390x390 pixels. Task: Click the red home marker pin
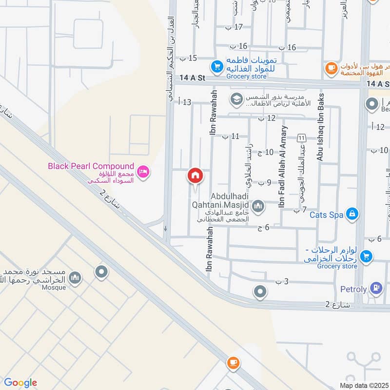[195, 175]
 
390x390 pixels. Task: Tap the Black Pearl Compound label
[91, 166]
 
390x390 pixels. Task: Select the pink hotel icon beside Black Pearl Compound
[144, 171]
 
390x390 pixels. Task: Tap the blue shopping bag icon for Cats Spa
[353, 213]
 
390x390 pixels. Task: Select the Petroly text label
[353, 289]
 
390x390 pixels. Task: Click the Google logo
[20, 383]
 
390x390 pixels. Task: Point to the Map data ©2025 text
[363, 385]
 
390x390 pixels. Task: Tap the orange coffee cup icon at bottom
[233, 362]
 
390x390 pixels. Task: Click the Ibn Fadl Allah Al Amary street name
[283, 167]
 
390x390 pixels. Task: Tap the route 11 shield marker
[302, 138]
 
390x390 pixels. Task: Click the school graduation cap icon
[236, 99]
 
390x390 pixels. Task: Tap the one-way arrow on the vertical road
[166, 228]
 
